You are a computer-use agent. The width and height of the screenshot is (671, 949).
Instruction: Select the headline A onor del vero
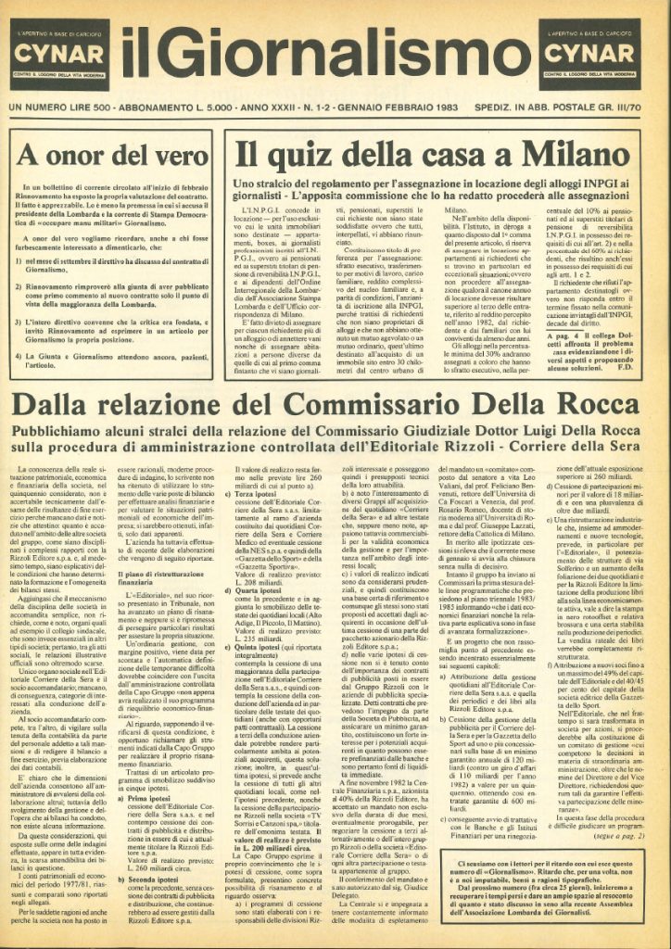coord(86,153)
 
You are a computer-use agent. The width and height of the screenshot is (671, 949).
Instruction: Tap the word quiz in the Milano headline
coord(310,153)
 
